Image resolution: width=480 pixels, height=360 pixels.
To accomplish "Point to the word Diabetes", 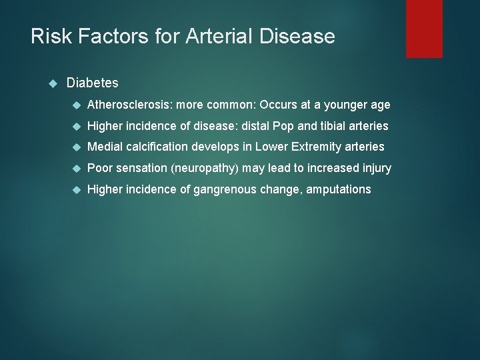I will point(93,83).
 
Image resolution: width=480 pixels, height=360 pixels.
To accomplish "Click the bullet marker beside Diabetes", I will point(55,83).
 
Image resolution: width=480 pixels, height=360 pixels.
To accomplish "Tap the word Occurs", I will point(281,105).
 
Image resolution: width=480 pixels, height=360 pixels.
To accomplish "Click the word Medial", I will point(105,147).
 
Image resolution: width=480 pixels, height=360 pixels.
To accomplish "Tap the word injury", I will point(376,169).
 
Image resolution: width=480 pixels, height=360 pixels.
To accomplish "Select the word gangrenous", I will point(225,190).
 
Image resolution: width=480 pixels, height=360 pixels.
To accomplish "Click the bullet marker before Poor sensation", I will point(77,169).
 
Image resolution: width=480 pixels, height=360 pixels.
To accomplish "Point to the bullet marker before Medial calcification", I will point(77,147).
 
